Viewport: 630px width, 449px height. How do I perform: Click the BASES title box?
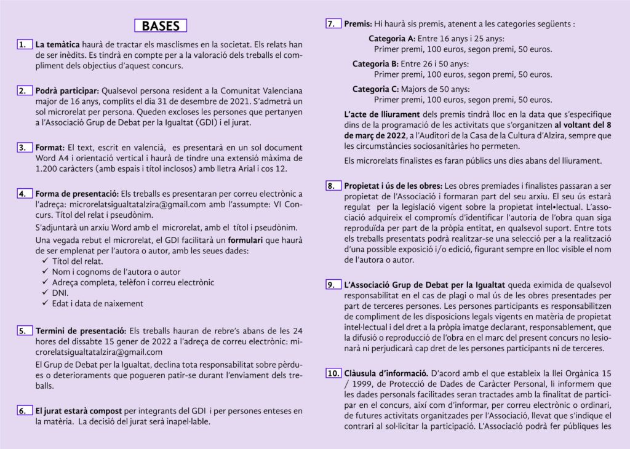coord(161,26)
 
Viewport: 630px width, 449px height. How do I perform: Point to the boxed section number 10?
coord(332,373)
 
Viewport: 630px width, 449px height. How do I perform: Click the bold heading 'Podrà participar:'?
coord(66,91)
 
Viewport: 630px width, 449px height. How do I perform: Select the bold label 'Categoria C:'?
coord(375,89)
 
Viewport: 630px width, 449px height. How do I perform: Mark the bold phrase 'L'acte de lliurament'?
coord(381,114)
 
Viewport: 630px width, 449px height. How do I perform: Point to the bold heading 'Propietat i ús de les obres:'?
coord(393,185)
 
